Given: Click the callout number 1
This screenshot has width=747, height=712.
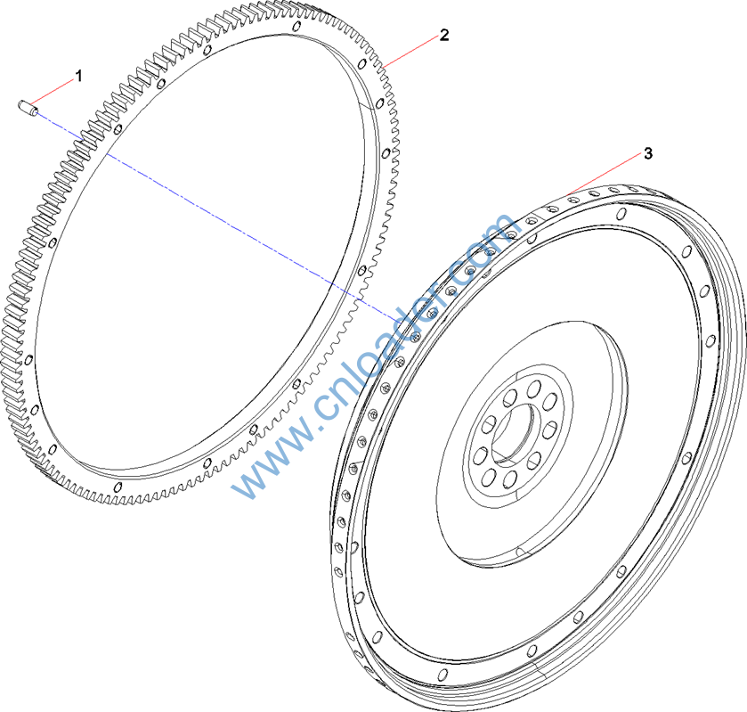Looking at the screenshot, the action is pyautogui.click(x=79, y=76).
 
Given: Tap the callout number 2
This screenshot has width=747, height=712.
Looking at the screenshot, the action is pyautogui.click(x=444, y=35).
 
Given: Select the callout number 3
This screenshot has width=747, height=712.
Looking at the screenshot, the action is pyautogui.click(x=648, y=153).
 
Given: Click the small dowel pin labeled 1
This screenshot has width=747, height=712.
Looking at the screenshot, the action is pyautogui.click(x=28, y=107).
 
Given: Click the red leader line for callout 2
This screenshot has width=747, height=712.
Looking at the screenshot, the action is pyautogui.click(x=411, y=52).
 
